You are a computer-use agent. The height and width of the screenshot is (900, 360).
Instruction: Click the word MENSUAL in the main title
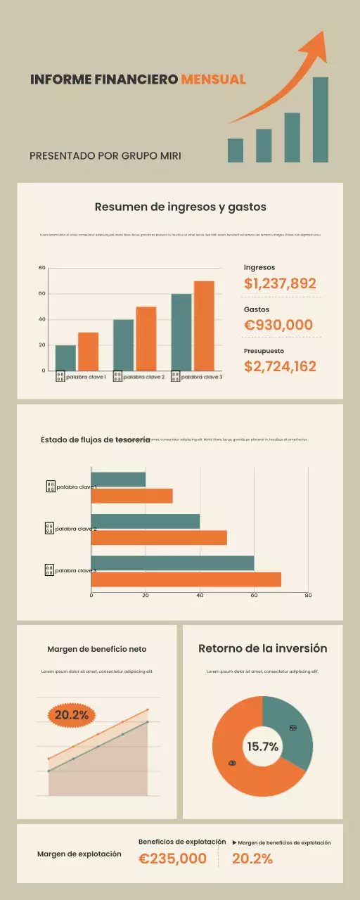213,79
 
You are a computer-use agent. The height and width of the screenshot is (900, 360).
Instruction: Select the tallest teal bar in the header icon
320,119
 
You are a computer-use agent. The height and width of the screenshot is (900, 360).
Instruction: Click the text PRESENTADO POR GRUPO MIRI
105,155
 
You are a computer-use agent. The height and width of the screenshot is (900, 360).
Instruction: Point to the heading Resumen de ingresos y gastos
180,207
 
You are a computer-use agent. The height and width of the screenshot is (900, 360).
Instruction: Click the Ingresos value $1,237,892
280,283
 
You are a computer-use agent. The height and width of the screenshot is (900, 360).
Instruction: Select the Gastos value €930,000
278,325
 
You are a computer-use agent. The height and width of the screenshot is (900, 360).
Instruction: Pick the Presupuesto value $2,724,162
280,366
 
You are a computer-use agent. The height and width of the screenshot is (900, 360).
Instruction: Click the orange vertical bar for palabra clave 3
204,326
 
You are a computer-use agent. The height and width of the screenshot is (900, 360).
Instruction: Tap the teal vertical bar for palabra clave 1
65,358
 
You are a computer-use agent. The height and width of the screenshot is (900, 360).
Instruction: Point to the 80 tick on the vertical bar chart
42,268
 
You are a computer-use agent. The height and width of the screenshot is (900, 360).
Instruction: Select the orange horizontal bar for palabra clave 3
186,579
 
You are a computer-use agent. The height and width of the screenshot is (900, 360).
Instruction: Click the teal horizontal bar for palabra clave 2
145,522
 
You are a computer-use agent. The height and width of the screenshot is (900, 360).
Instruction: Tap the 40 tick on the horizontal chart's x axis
200,596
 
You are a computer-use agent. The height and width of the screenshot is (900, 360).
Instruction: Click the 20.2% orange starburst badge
71,715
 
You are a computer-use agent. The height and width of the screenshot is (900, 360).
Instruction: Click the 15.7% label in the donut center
262,747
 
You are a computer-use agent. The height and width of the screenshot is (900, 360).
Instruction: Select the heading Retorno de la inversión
262,648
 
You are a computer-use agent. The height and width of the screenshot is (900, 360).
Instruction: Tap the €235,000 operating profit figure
172,859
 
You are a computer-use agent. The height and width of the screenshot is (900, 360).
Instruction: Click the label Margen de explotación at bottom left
79,854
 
